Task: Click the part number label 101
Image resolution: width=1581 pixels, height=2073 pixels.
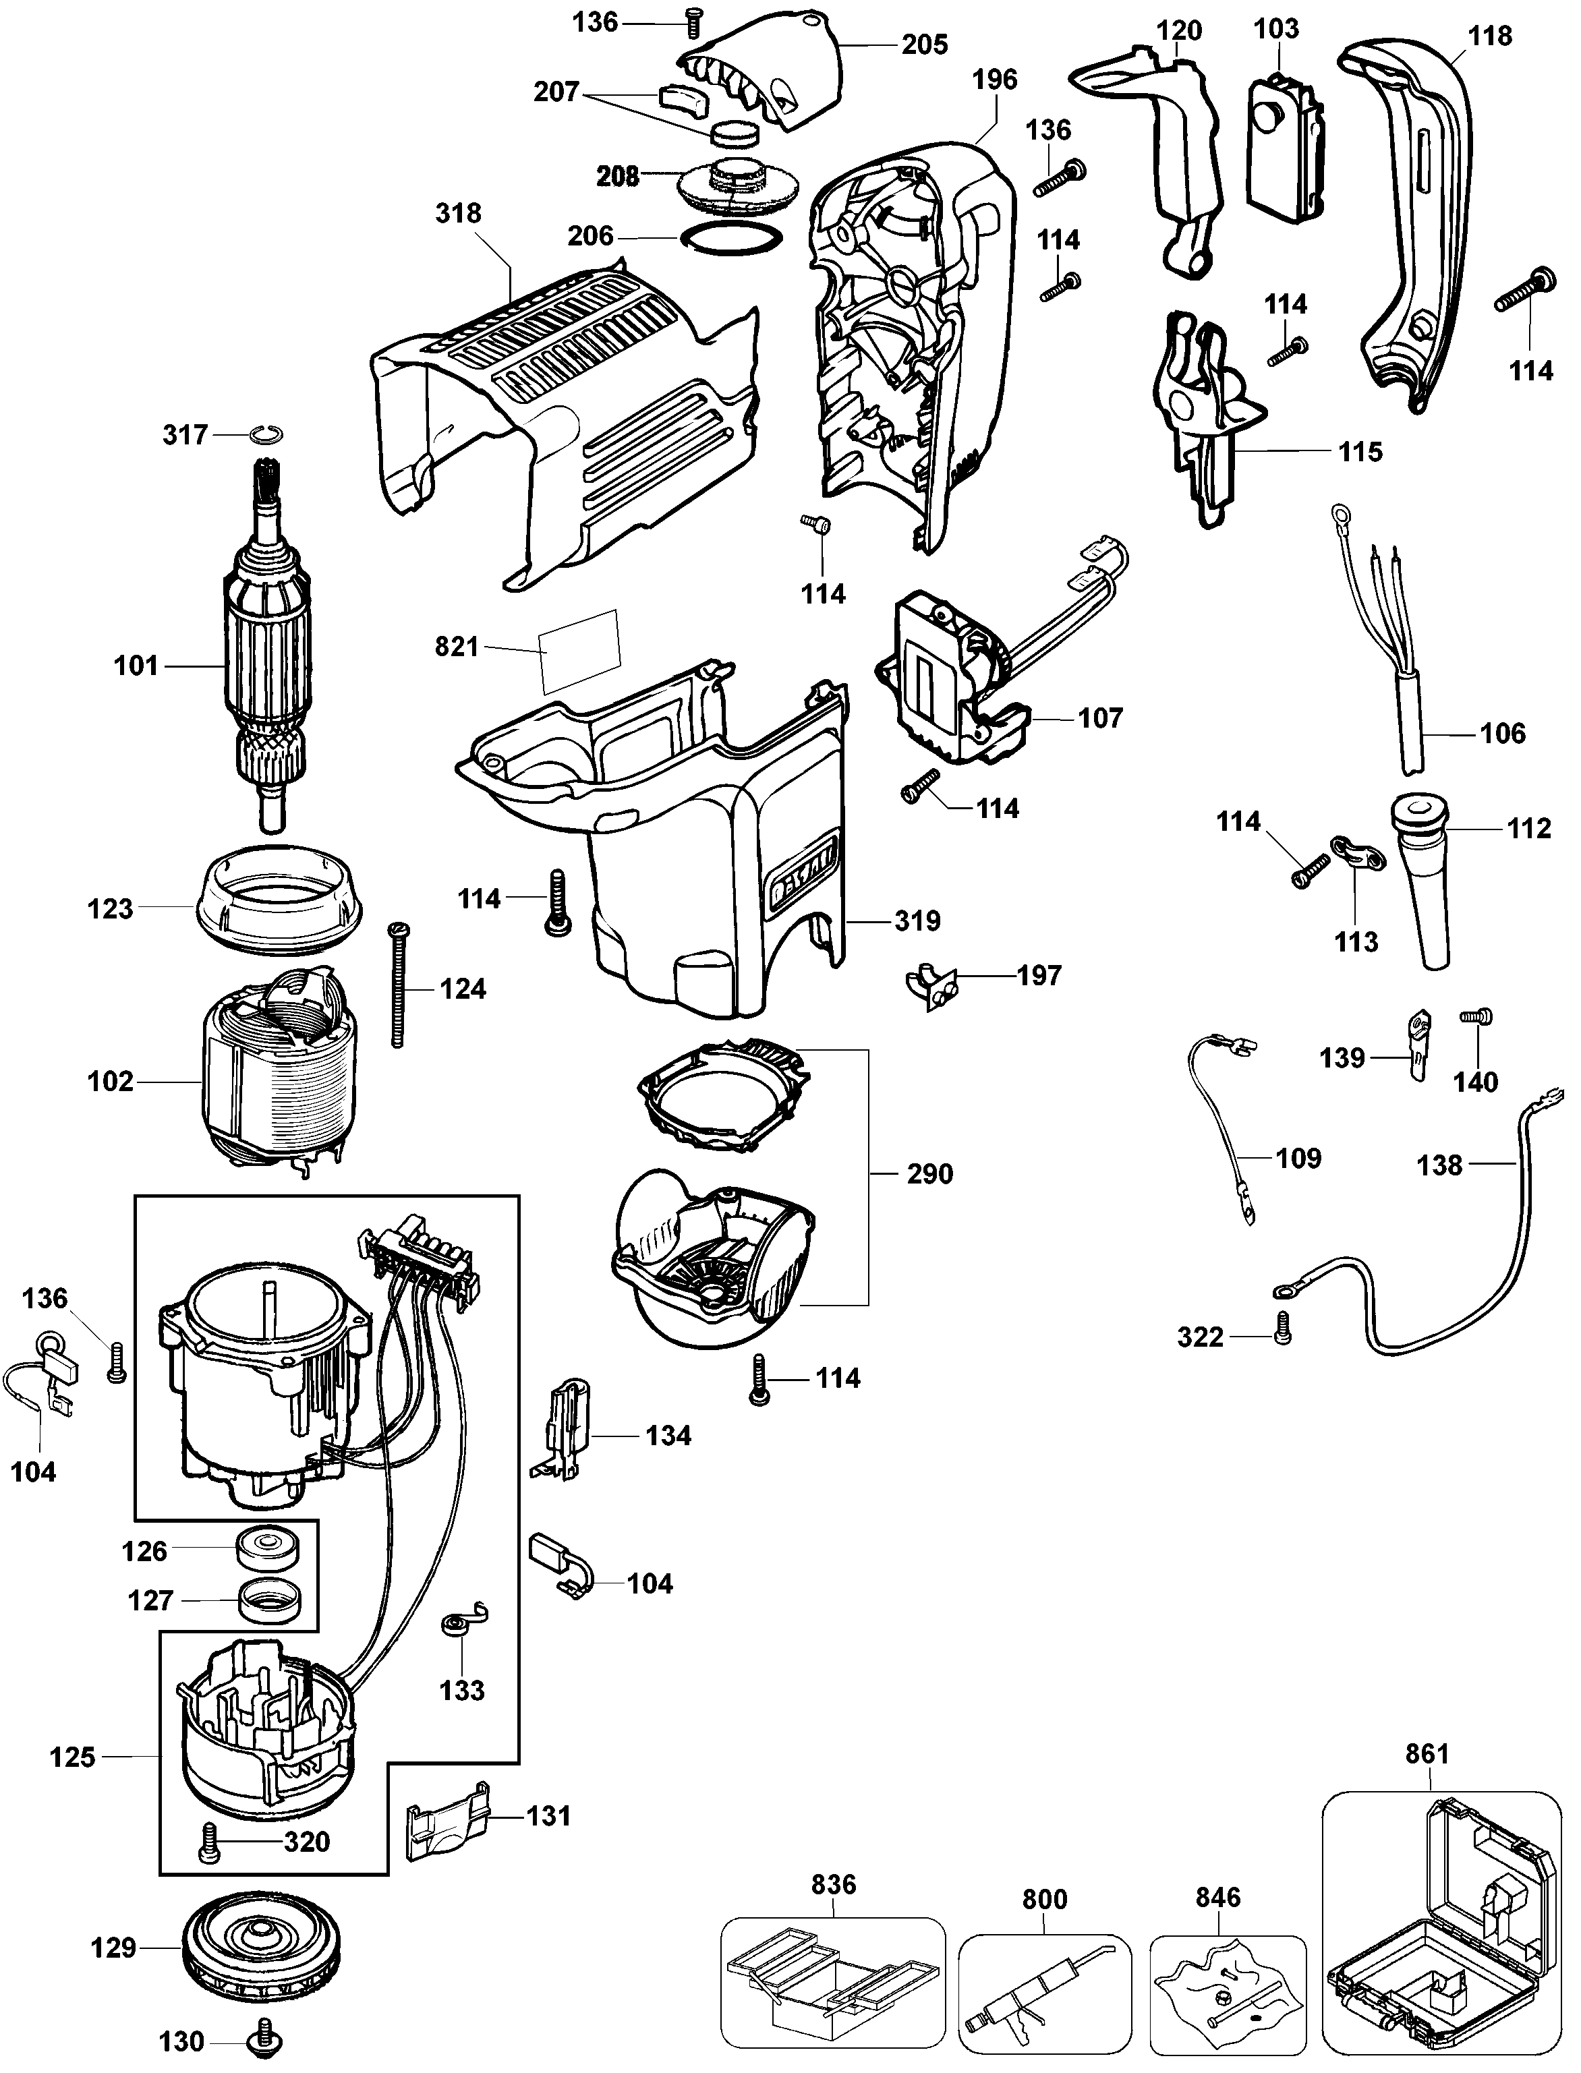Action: tap(136, 666)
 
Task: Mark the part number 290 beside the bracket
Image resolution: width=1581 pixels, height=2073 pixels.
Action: tap(929, 1173)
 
